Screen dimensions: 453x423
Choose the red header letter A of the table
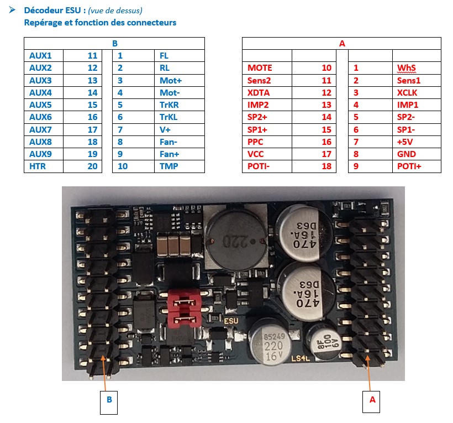(342, 43)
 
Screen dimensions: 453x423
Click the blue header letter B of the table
(115, 43)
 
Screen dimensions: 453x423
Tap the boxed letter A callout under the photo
(371, 401)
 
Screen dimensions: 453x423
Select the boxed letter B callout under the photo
(109, 402)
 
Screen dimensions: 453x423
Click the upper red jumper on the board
(184, 301)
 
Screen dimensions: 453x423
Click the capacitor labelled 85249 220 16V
(269, 342)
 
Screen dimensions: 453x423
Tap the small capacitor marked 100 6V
(324, 342)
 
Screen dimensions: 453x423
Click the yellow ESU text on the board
(231, 321)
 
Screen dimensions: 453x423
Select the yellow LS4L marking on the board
(301, 358)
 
